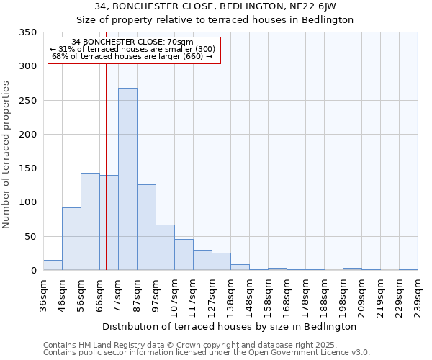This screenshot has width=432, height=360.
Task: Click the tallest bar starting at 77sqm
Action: click(127, 179)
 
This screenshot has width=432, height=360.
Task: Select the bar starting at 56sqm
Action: click(90, 222)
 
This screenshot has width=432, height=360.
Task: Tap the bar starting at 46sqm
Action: click(71, 239)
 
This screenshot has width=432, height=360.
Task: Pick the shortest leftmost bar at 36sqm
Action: click(53, 265)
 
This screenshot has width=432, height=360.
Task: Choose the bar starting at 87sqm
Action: click(146, 228)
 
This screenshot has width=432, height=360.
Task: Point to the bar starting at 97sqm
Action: click(165, 248)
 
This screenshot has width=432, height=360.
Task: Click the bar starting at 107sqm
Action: click(184, 255)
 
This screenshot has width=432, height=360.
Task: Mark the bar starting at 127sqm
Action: click(221, 262)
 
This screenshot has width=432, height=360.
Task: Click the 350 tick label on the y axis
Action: click(28, 32)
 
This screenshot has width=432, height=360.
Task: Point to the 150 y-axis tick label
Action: click(28, 168)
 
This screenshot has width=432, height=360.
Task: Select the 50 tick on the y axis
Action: click(31, 236)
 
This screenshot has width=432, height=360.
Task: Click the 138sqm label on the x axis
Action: click(230, 295)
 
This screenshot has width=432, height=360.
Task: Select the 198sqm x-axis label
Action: click(343, 295)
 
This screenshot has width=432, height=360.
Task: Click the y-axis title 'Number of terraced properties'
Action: click(7, 154)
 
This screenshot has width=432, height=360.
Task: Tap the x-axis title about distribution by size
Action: click(234, 326)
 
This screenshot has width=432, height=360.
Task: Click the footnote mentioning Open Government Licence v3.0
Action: click(207, 353)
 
